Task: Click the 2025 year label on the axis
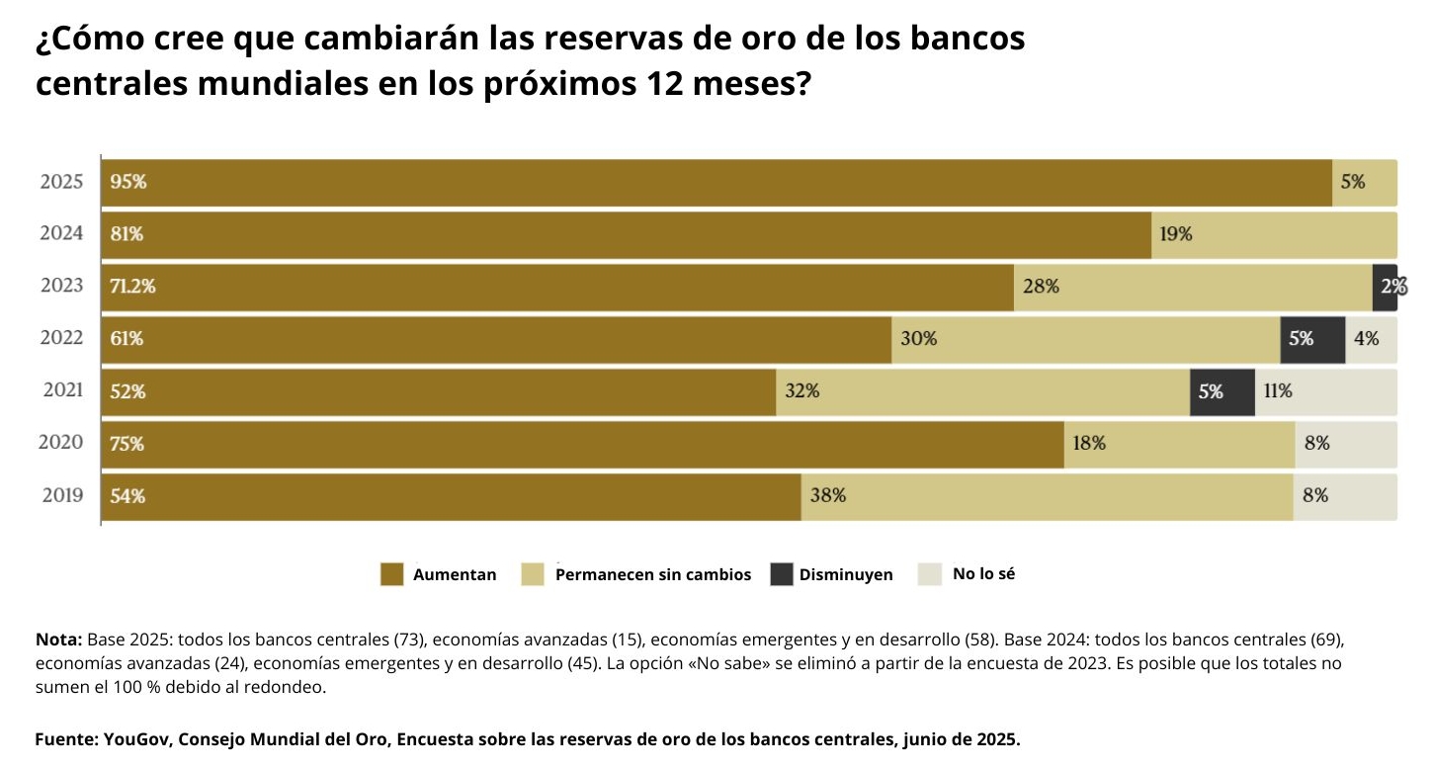click(x=61, y=182)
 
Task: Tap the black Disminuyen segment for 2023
click(x=1384, y=287)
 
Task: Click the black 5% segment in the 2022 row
click(x=1312, y=339)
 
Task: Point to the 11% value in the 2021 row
click(x=1277, y=391)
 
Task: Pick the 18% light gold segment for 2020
click(x=1179, y=444)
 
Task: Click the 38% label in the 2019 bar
click(x=827, y=496)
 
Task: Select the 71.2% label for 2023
click(x=132, y=287)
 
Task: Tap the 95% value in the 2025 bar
click(x=128, y=182)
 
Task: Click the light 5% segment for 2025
click(x=1365, y=182)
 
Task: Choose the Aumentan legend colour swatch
click(x=392, y=574)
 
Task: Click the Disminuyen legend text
click(x=845, y=575)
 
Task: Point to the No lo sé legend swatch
click(x=930, y=574)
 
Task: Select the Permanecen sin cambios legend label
click(x=652, y=575)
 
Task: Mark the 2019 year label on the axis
click(x=62, y=496)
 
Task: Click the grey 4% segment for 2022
click(x=1371, y=339)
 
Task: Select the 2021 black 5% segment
click(x=1222, y=391)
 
